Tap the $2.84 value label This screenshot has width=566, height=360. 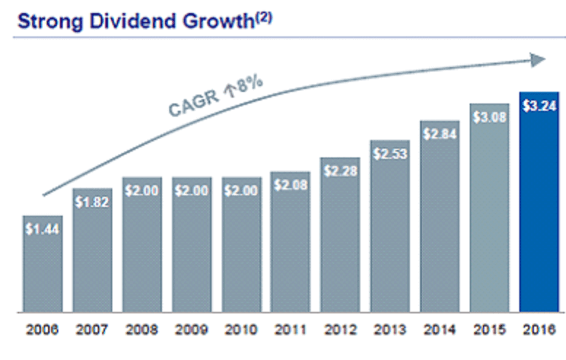(439, 135)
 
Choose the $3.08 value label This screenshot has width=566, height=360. (489, 117)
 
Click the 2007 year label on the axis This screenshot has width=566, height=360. (91, 329)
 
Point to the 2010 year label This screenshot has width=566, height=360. (241, 329)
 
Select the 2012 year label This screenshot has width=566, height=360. (340, 329)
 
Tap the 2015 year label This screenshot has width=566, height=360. (489, 329)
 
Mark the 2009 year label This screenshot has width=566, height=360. (191, 329)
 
